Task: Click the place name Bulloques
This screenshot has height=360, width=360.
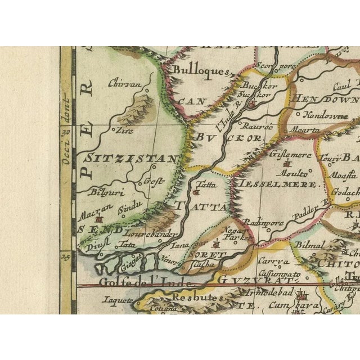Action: click(193, 71)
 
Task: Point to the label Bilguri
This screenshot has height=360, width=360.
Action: click(101, 191)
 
